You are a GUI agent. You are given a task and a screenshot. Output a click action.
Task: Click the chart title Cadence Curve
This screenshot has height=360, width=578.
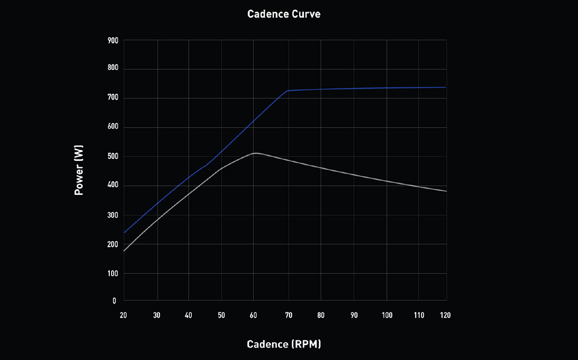(284, 14)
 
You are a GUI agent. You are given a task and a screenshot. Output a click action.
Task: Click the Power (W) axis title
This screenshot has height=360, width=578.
(79, 171)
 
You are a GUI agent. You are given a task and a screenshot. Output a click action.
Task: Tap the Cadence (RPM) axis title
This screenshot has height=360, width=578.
(284, 344)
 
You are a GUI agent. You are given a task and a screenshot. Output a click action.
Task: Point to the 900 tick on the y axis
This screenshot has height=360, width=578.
(113, 40)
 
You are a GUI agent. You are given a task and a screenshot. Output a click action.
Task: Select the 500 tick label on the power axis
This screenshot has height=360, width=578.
(113, 157)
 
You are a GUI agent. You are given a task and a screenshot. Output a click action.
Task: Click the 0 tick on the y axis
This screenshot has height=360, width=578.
(115, 301)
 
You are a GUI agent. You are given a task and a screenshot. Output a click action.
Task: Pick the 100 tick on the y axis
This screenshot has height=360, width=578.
(113, 273)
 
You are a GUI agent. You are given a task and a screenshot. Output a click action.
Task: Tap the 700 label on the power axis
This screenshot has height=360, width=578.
(113, 98)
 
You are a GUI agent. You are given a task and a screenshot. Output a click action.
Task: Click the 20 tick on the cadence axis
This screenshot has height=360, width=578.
(123, 315)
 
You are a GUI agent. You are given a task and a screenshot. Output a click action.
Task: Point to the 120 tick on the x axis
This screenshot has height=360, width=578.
(445, 315)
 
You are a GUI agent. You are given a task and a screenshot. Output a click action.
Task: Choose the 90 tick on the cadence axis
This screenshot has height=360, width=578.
(354, 315)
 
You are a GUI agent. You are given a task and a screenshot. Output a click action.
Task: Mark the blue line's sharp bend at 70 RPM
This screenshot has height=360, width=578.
(288, 90)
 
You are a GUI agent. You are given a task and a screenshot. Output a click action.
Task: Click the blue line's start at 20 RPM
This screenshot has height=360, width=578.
(124, 233)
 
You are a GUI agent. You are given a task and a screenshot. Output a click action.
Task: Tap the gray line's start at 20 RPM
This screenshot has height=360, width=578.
(124, 251)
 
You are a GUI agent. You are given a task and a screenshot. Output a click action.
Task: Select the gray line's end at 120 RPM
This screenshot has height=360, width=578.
(447, 191)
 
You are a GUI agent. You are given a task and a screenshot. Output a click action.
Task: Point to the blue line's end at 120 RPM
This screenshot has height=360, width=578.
(446, 87)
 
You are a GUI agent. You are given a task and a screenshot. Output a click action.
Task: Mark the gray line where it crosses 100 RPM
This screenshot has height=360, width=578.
(387, 181)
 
